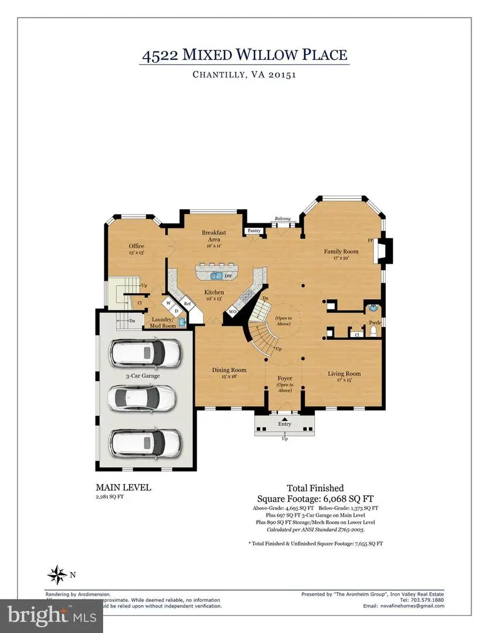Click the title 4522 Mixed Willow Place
click(x=244, y=55)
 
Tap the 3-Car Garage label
click(x=142, y=376)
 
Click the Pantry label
click(x=254, y=231)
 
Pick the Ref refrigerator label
click(x=187, y=304)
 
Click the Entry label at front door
click(x=285, y=424)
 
